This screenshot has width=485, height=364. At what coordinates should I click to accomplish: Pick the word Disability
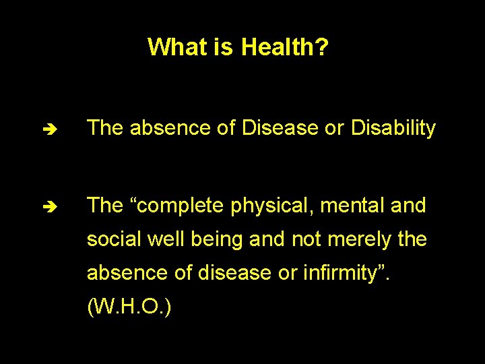(393, 128)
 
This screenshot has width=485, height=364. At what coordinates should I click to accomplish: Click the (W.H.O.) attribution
(129, 307)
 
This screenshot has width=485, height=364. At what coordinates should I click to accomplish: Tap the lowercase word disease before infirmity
(249, 273)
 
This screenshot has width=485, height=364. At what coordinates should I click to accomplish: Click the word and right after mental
(408, 206)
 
